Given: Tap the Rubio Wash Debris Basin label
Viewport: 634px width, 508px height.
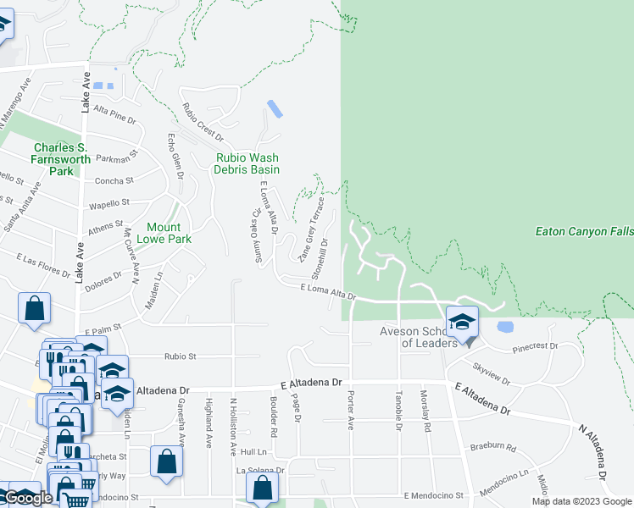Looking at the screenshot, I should click(247, 163).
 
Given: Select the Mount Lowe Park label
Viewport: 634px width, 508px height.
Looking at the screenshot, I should click(169, 233).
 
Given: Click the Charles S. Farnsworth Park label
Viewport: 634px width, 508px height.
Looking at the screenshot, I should click(60, 159).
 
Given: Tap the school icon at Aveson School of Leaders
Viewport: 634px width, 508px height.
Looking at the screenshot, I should click(462, 323).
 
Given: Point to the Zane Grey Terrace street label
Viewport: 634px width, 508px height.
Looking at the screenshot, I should click(311, 229).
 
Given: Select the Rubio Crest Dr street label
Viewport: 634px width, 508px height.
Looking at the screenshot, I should click(203, 123).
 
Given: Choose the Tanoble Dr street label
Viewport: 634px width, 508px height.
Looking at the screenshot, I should click(398, 410).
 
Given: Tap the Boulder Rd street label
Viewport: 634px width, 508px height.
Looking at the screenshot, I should click(274, 417).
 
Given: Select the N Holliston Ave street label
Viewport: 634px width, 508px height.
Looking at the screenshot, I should click(234, 422).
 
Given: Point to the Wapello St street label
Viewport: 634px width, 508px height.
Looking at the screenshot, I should click(108, 203).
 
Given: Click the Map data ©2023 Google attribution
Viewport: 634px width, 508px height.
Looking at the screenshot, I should click(581, 501).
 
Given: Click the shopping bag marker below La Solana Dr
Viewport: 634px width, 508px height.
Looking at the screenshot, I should click(263, 488).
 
